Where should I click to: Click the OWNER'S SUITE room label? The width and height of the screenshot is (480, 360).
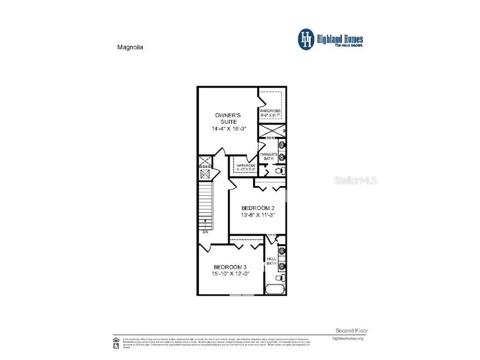pos(228,118)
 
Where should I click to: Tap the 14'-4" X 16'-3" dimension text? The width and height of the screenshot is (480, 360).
pos(228,128)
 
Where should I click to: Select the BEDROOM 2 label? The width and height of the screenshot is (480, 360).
pos(257,208)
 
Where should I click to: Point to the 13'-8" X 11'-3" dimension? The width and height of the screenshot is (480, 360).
pos(257,215)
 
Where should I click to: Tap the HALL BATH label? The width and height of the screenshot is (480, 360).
pos(271,261)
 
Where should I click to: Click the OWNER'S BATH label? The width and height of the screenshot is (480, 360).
pos(269,156)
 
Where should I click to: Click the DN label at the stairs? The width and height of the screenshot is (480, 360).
pos(205,232)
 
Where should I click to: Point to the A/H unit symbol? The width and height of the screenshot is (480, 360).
pos(205,174)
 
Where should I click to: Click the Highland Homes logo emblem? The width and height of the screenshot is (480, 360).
pos(306,39)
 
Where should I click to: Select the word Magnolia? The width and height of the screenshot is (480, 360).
pos(129,47)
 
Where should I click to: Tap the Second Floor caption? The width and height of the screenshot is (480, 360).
pos(349,330)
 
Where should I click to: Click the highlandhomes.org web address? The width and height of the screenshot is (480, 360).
pos(347,338)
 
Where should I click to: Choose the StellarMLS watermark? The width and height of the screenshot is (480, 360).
pos(355,180)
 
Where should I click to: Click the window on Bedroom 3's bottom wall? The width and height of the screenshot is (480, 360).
pos(242,295)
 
